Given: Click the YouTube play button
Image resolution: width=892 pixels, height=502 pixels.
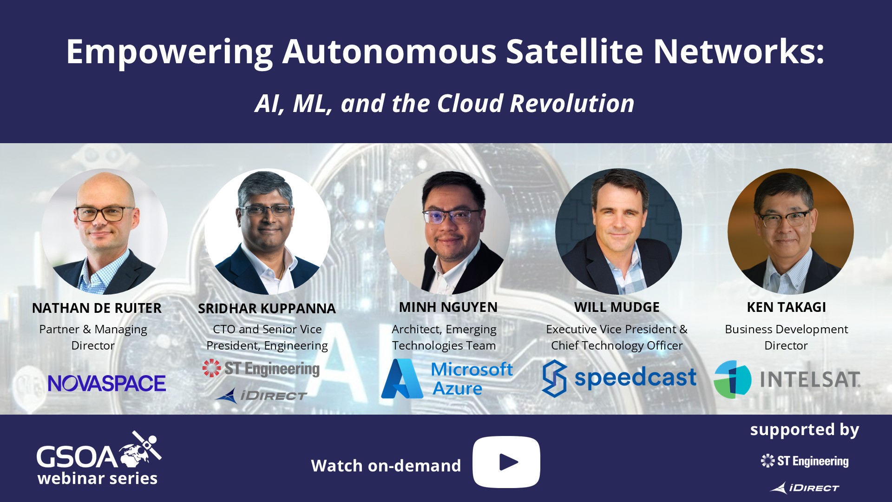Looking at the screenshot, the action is click(506, 462).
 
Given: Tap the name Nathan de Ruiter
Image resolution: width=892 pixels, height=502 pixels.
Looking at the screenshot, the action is click(97, 308).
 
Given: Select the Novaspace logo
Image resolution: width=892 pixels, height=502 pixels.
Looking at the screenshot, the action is click(107, 383).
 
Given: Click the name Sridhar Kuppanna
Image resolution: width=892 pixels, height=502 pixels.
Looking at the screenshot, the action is click(267, 309).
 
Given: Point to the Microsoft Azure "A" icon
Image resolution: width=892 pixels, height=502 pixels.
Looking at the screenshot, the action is click(402, 378).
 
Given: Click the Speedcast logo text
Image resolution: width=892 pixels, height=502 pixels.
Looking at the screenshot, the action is click(635, 377).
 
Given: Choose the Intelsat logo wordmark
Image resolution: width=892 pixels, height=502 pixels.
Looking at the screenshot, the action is click(810, 379).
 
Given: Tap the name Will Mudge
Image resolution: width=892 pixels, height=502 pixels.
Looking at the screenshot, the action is click(617, 307).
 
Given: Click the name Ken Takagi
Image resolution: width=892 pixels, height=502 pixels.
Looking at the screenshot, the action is click(787, 307).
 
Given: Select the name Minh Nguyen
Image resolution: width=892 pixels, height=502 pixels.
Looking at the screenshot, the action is click(448, 307).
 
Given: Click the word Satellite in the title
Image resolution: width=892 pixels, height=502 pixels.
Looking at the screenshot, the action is click(574, 51).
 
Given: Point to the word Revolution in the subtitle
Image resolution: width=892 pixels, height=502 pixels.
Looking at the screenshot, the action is click(572, 103).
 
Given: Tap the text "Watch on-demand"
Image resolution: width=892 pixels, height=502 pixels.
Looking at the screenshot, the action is click(386, 465).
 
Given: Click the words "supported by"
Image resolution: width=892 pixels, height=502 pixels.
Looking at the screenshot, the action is click(805, 430).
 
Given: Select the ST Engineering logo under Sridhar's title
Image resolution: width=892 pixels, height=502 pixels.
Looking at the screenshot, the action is click(261, 369).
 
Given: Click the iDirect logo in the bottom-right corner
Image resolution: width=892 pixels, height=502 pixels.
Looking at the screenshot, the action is click(805, 488).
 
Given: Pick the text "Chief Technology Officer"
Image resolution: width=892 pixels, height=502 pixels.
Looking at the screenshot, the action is click(617, 345).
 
